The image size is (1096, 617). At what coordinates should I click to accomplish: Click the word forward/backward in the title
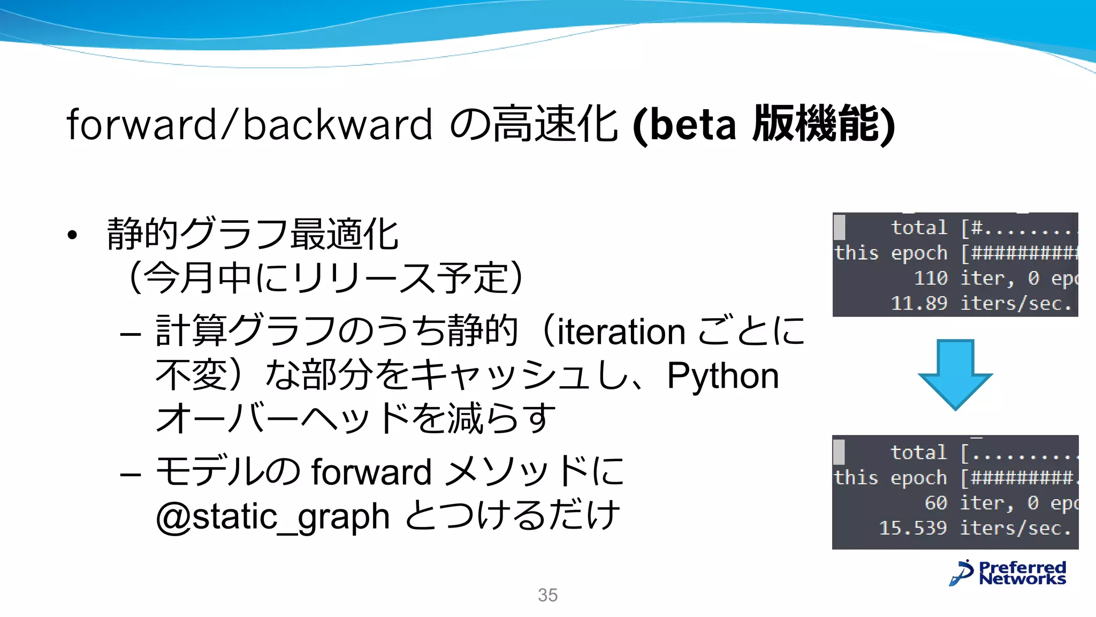tap(249, 124)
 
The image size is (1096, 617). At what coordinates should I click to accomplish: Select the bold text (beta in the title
tap(684, 125)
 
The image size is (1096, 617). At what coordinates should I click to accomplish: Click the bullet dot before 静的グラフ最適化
tap(72, 235)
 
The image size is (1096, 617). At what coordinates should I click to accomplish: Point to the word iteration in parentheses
tap(621, 332)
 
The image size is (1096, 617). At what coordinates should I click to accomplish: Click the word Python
tap(722, 375)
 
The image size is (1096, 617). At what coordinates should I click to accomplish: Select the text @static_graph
tap(272, 516)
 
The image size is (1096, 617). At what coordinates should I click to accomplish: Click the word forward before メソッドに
tap(371, 472)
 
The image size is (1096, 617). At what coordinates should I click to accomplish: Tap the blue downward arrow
tap(955, 375)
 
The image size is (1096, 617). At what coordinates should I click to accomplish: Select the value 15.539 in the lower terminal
tap(913, 528)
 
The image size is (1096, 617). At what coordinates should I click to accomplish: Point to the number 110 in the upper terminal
tap(931, 278)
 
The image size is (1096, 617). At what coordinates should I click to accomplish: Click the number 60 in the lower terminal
tap(936, 503)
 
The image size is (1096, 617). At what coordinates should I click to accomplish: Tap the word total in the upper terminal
tap(919, 228)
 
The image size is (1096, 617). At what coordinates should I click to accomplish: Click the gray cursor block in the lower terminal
tap(839, 452)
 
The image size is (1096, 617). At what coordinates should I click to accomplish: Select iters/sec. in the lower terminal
tap(1015, 528)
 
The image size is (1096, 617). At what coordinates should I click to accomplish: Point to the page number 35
tap(547, 595)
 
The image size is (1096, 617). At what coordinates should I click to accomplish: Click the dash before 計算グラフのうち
tap(131, 335)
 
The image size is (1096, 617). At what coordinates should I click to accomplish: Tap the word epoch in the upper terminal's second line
tap(919, 253)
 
